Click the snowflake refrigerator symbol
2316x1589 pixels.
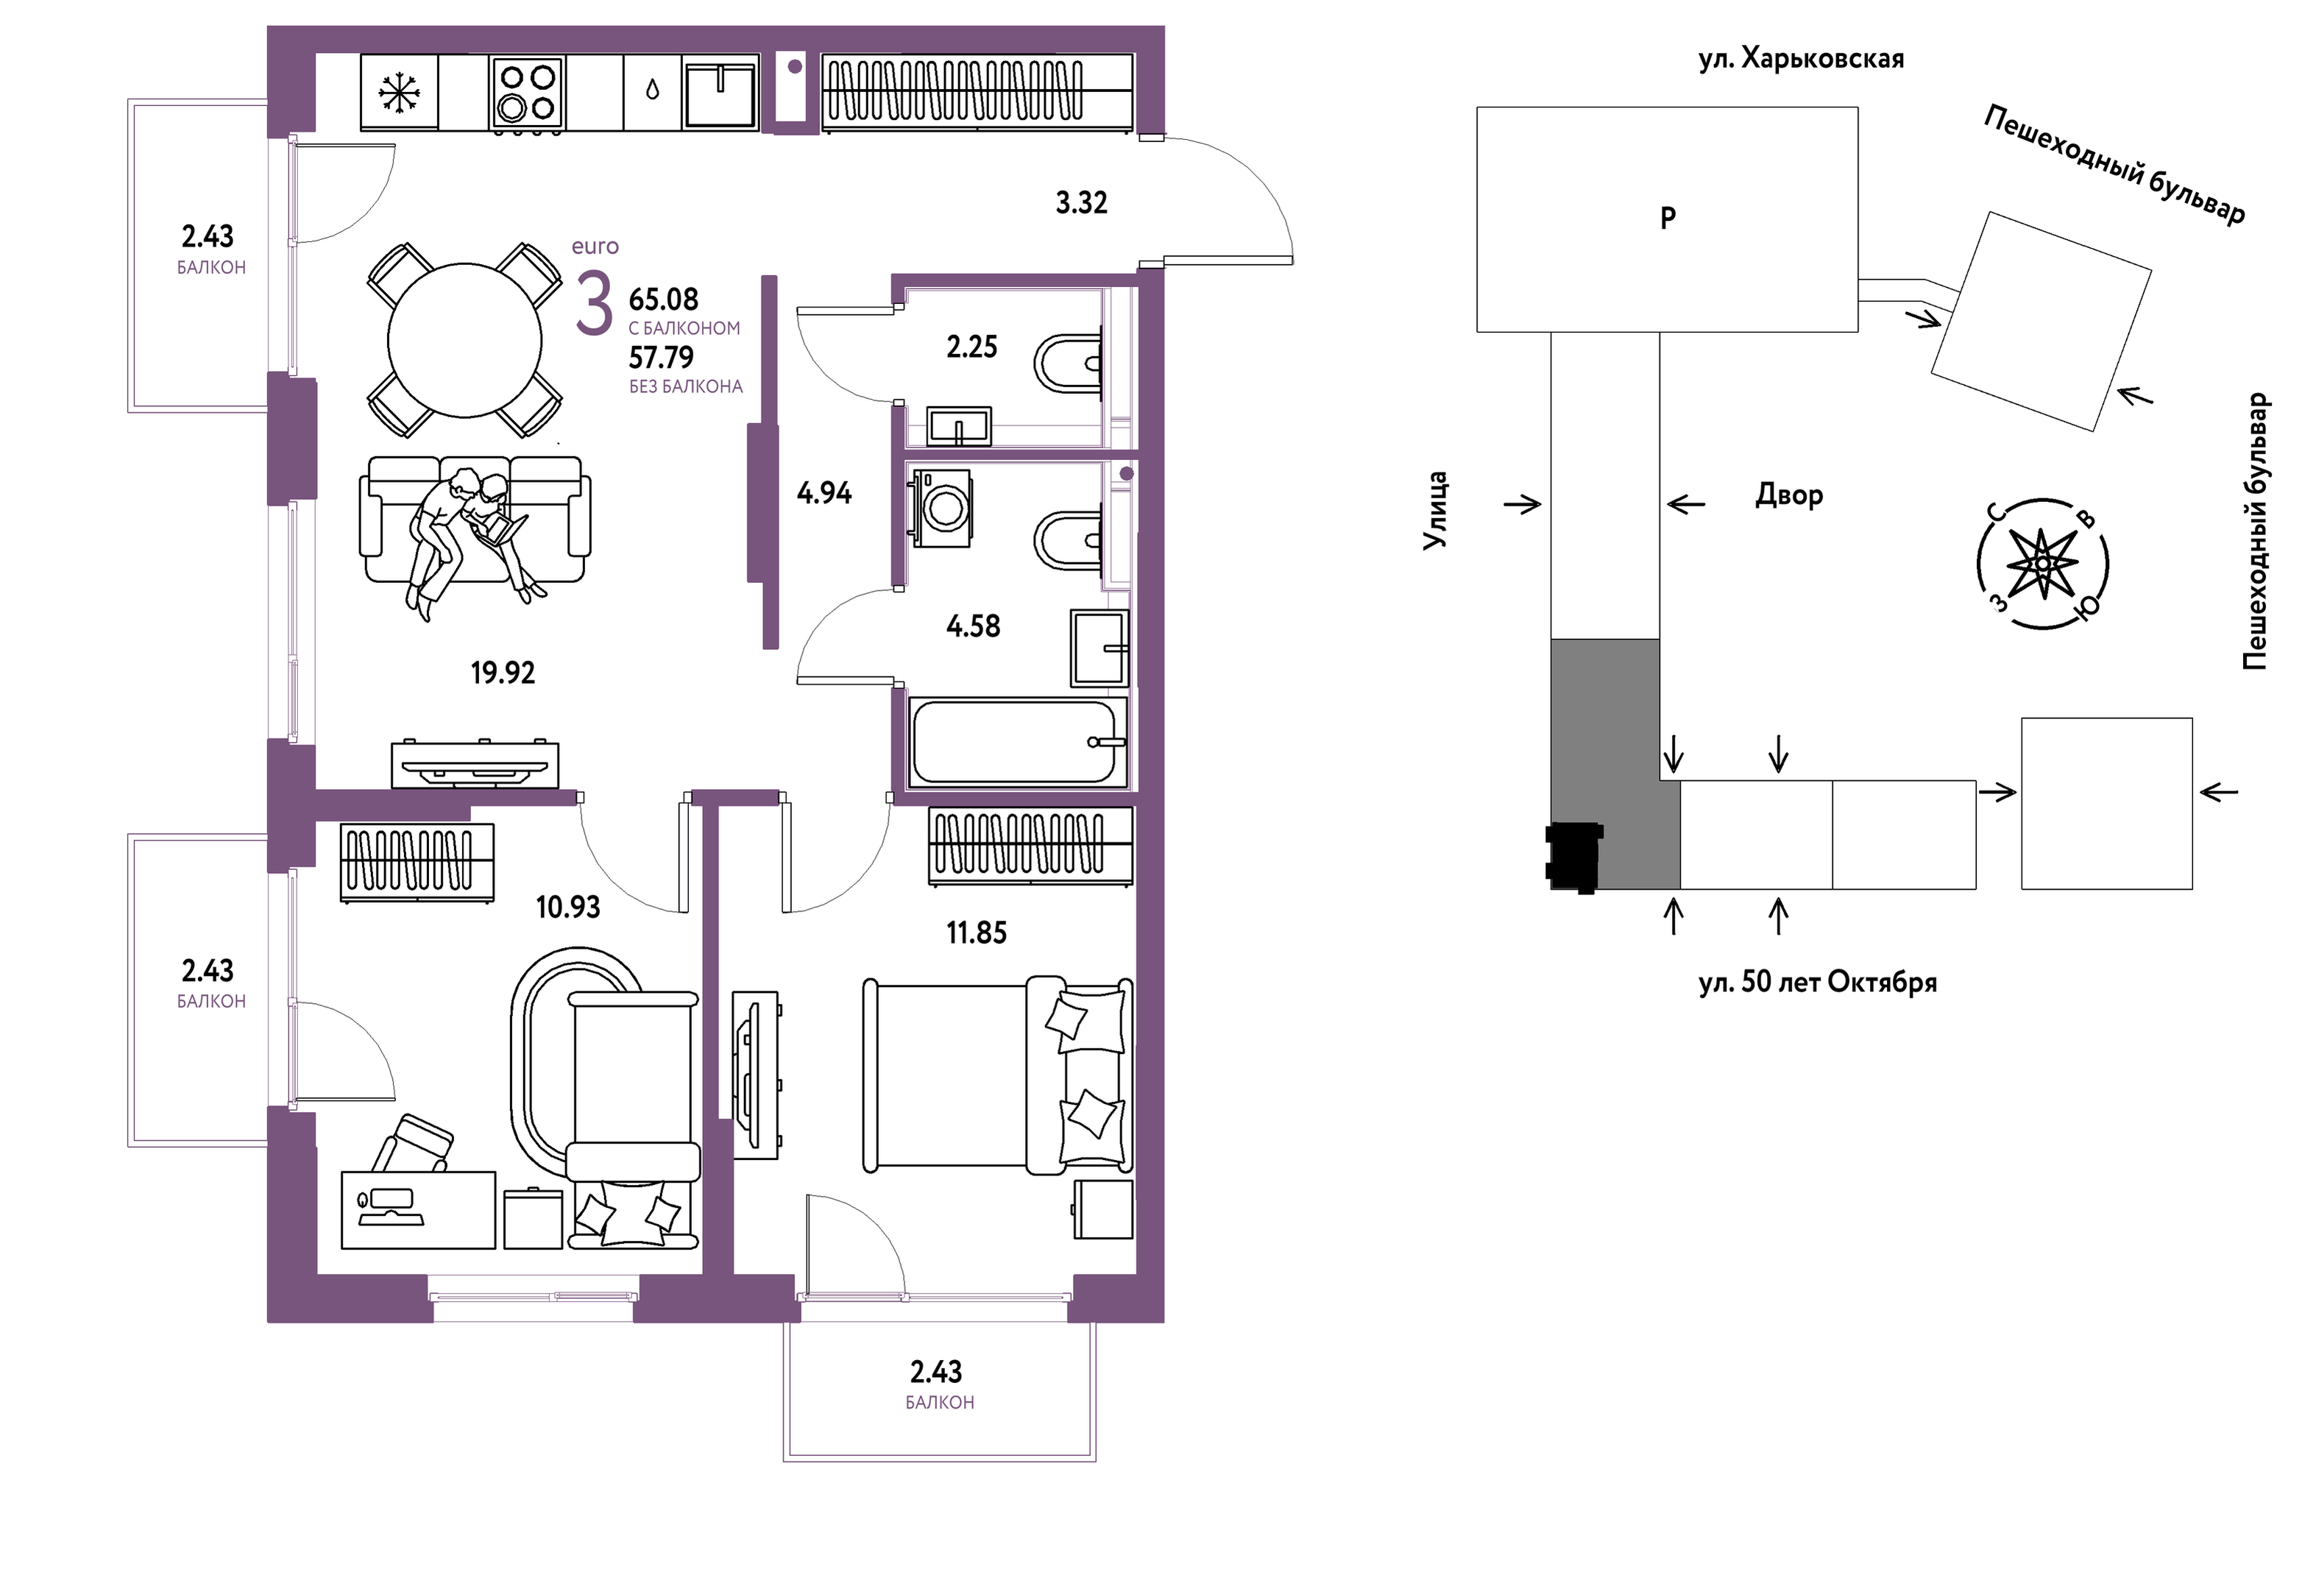click(x=400, y=93)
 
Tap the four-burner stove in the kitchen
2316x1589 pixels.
click(x=527, y=93)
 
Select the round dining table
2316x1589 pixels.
click(x=464, y=341)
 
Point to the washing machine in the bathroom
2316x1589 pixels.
click(x=940, y=509)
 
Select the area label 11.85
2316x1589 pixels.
click(x=977, y=933)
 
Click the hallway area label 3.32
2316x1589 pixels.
click(x=1081, y=202)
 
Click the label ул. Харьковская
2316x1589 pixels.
click(x=1801, y=59)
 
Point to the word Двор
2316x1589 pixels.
click(x=1789, y=495)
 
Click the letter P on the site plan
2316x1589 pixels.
click(x=1667, y=217)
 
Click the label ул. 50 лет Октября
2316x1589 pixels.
click(x=1818, y=982)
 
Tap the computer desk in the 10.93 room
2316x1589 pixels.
click(x=419, y=1209)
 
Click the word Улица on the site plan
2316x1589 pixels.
click(x=1434, y=510)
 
